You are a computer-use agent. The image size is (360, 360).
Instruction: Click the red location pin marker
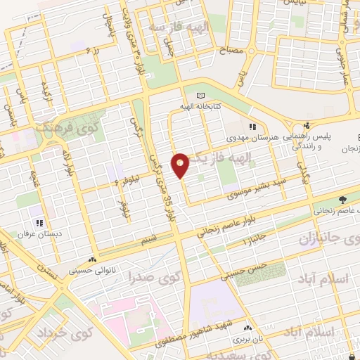(x=181, y=165)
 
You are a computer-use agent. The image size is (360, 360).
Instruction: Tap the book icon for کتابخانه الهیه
(x=202, y=96)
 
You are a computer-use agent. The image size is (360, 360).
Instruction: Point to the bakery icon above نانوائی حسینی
(x=94, y=258)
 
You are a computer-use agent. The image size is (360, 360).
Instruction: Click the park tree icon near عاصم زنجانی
(x=342, y=199)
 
